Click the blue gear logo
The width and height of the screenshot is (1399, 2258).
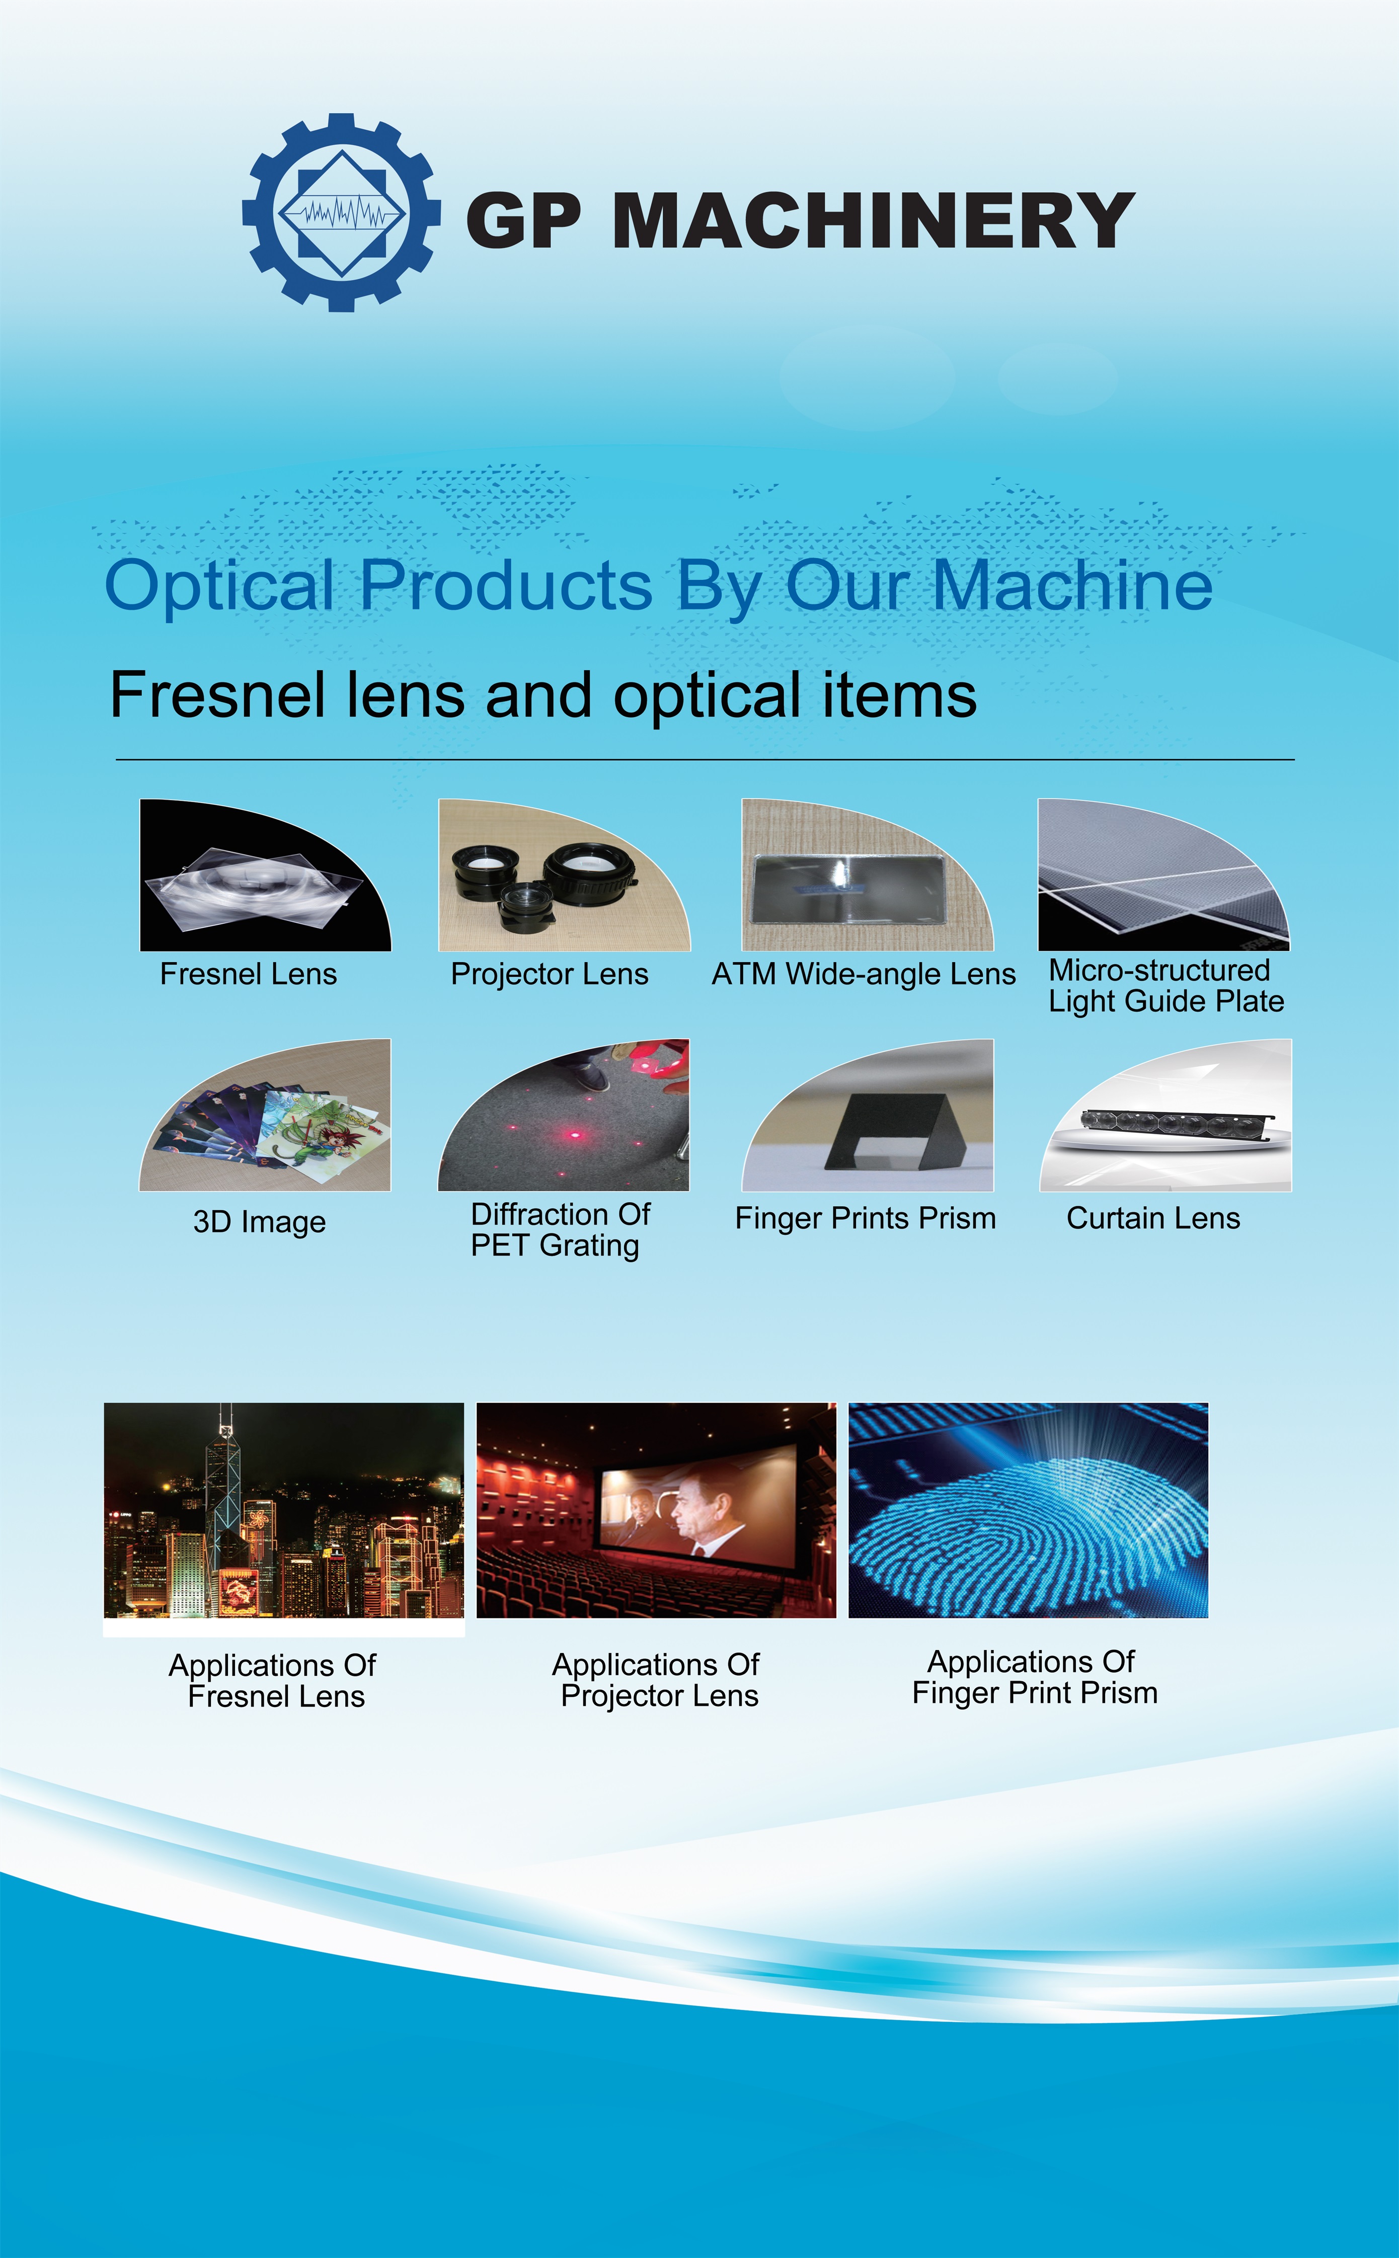341,213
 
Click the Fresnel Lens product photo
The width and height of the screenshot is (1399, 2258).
266,875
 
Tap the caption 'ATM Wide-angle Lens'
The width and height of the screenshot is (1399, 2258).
863,974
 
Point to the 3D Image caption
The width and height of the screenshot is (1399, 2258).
259,1222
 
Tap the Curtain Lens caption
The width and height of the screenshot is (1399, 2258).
1153,1218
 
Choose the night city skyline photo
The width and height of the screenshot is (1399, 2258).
284,1511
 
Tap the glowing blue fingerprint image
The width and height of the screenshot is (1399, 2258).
1028,1511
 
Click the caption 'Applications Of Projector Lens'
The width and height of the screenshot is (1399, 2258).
657,1680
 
